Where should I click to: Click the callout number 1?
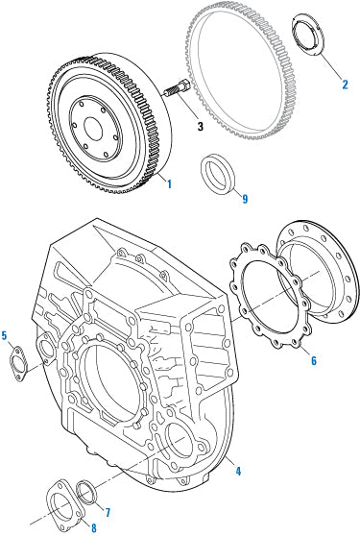pyautogui.click(x=169, y=183)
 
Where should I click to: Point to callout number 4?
pyautogui.click(x=237, y=471)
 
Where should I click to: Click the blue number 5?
pyautogui.click(x=5, y=335)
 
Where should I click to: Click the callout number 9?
pyautogui.click(x=245, y=200)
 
